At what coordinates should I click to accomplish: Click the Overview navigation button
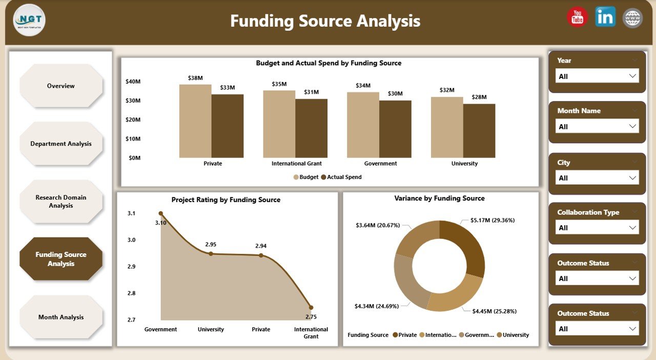(61, 86)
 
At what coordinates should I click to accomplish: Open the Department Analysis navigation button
(61, 144)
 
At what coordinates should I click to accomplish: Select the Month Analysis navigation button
(61, 317)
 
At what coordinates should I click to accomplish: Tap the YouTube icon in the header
(577, 17)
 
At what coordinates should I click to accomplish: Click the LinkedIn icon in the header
(605, 17)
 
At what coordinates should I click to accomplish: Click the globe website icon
(632, 18)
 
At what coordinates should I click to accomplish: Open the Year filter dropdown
(597, 76)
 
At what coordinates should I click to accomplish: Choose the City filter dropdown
(597, 178)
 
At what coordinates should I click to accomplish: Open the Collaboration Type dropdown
(597, 228)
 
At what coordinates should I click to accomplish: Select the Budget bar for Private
(195, 121)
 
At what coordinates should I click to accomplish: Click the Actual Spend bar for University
(479, 131)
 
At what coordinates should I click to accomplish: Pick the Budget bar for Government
(363, 125)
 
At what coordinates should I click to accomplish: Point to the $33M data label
(227, 88)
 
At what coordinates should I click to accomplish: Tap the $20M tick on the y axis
(133, 119)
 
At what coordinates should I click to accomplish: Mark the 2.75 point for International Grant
(311, 308)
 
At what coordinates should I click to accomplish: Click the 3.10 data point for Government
(160, 213)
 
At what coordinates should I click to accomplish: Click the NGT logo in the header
(29, 20)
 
